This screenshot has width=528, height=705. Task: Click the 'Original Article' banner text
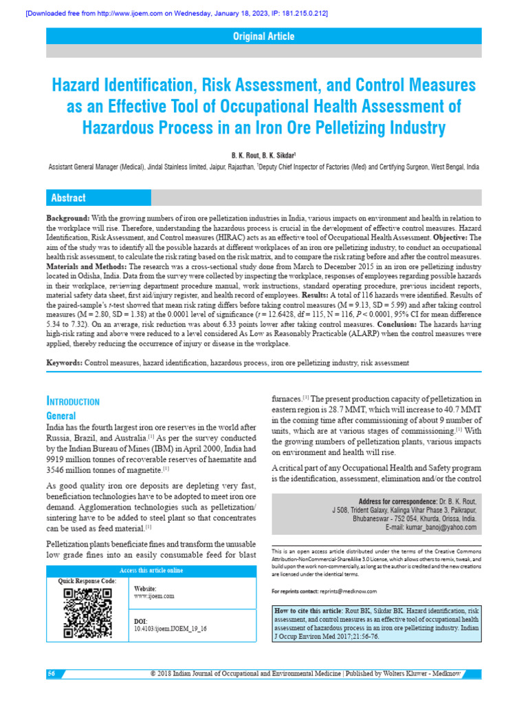pos(264,36)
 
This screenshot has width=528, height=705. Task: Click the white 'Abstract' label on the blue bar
pos(68,198)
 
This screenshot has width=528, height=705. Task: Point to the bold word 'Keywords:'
pos(64,362)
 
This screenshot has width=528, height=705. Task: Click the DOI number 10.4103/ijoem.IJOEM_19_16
pos(170,629)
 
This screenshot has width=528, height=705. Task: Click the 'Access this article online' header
pos(151,570)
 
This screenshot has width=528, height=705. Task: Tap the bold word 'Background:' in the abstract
pos(67,218)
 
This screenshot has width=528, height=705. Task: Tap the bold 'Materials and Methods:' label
pos(86,265)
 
